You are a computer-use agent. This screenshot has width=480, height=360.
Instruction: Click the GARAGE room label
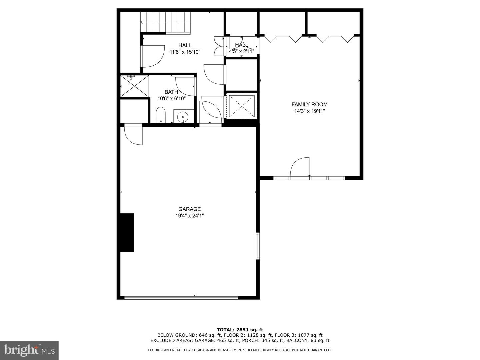[x=189, y=209]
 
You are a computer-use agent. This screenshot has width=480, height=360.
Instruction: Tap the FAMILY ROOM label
[x=309, y=104]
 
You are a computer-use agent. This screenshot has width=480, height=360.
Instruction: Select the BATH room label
[x=171, y=92]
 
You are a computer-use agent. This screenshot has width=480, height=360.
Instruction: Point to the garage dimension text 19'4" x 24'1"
[x=189, y=216]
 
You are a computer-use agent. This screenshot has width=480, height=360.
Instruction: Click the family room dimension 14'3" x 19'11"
[x=309, y=111]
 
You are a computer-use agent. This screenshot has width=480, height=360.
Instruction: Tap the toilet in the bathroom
[x=161, y=115]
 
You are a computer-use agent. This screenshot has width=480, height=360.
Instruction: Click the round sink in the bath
[x=183, y=117]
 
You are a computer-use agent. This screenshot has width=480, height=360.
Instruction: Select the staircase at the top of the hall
[x=165, y=22]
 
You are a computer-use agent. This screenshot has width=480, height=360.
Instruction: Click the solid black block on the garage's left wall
[x=127, y=232]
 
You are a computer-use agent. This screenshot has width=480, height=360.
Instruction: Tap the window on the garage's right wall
[x=258, y=246]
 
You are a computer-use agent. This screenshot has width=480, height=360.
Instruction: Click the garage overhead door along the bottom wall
[x=181, y=297]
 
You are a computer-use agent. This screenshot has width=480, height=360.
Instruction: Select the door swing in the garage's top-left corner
[x=133, y=135]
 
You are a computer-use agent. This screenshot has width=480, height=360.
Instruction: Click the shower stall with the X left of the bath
[x=134, y=86]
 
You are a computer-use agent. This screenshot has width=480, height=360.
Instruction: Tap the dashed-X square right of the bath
[x=242, y=106]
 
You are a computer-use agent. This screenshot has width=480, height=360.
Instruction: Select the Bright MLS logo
[x=29, y=350]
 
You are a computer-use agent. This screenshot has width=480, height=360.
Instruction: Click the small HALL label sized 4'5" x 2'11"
[x=241, y=45]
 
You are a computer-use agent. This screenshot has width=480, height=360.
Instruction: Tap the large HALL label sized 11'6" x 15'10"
[x=185, y=46]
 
